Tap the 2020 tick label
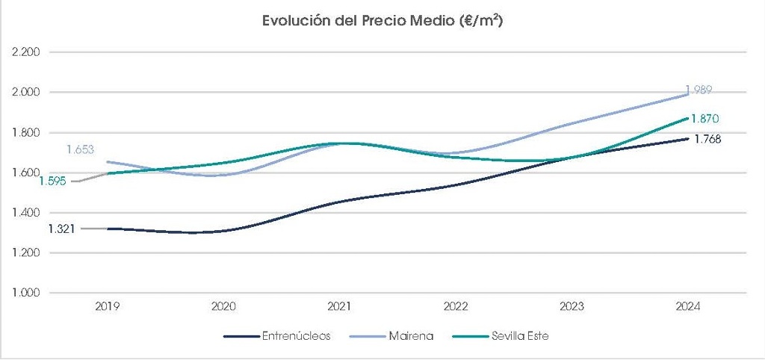[x=224, y=306]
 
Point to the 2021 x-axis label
[x=341, y=306]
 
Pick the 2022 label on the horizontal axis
[x=456, y=306]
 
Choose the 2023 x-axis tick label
[x=572, y=306]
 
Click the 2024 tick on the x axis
[x=688, y=306]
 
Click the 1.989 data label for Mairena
[x=699, y=90]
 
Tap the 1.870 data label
[x=704, y=119]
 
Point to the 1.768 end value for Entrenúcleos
[x=707, y=139]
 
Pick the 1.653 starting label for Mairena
[x=80, y=149]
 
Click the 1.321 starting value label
[x=61, y=229]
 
